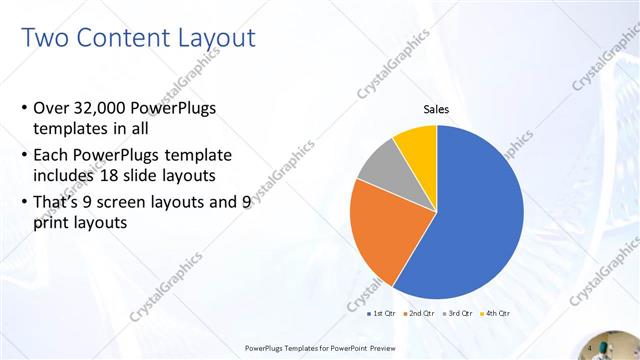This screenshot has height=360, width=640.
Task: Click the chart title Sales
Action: pyautogui.click(x=437, y=110)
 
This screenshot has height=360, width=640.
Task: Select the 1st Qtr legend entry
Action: pyautogui.click(x=382, y=314)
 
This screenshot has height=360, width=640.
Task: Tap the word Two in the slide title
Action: pyautogui.click(x=42, y=39)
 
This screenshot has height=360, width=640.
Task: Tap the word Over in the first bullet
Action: pyautogui.click(x=51, y=108)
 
